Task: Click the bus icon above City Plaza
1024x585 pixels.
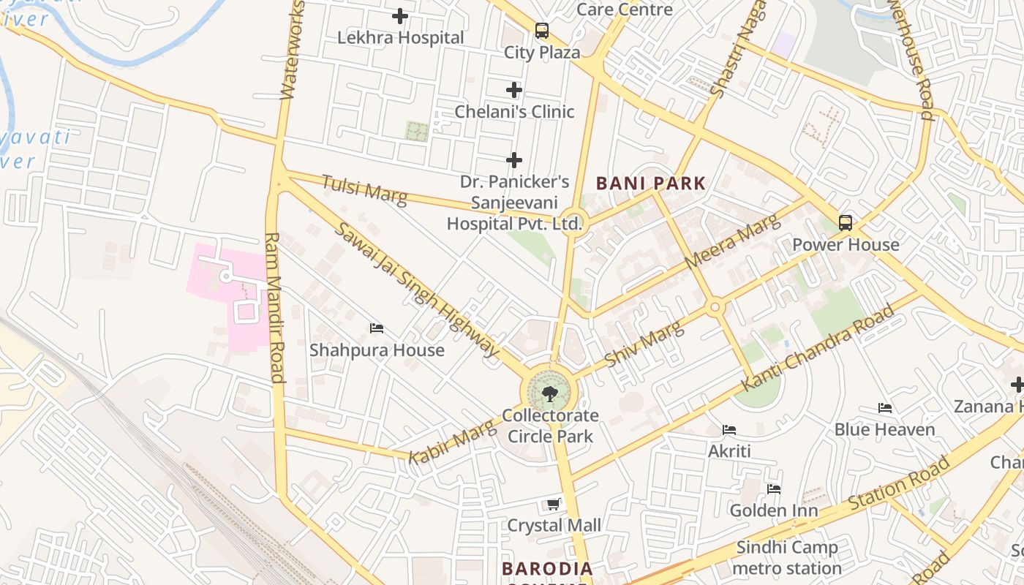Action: pos(541,31)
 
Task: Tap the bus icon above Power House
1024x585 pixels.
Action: pos(846,223)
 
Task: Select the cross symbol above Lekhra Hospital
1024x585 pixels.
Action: pos(400,15)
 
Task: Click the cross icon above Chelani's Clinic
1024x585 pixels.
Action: pos(514,90)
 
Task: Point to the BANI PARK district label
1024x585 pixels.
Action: pos(651,184)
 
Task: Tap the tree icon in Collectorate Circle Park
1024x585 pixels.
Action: pos(549,395)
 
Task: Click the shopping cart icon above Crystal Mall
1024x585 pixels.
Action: pos(554,504)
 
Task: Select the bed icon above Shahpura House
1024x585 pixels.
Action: pos(377,328)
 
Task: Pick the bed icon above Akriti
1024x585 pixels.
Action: pos(729,429)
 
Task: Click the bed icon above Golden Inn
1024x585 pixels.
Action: pos(774,488)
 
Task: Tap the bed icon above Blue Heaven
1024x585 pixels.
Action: pos(885,407)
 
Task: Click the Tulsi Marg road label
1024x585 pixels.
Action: pos(364,190)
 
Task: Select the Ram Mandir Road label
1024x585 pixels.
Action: pos(274,307)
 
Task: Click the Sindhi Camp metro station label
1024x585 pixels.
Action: pos(787,557)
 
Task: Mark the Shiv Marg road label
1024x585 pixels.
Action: pos(644,344)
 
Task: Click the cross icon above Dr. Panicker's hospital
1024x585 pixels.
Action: pos(514,160)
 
